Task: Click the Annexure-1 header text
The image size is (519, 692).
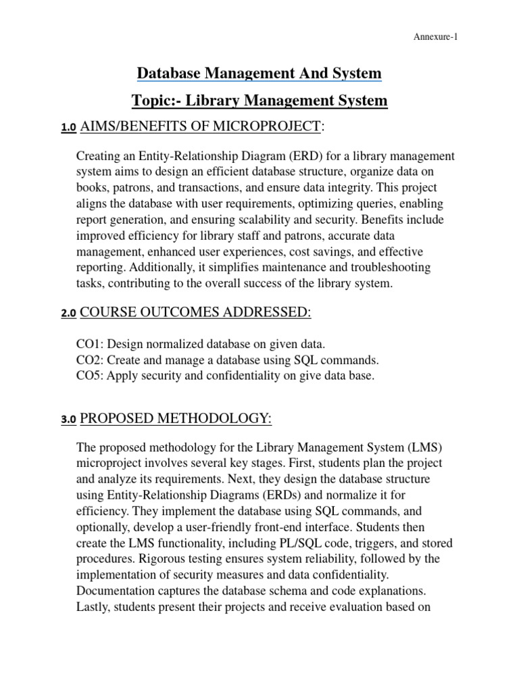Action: (435, 37)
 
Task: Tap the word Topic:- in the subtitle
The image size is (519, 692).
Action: (156, 101)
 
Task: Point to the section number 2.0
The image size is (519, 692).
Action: (68, 313)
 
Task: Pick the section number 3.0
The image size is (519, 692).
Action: (68, 420)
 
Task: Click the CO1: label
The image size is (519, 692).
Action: (92, 344)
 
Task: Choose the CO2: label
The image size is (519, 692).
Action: (92, 360)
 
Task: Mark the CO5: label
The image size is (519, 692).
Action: (92, 375)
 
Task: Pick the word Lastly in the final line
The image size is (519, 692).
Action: (95, 605)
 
